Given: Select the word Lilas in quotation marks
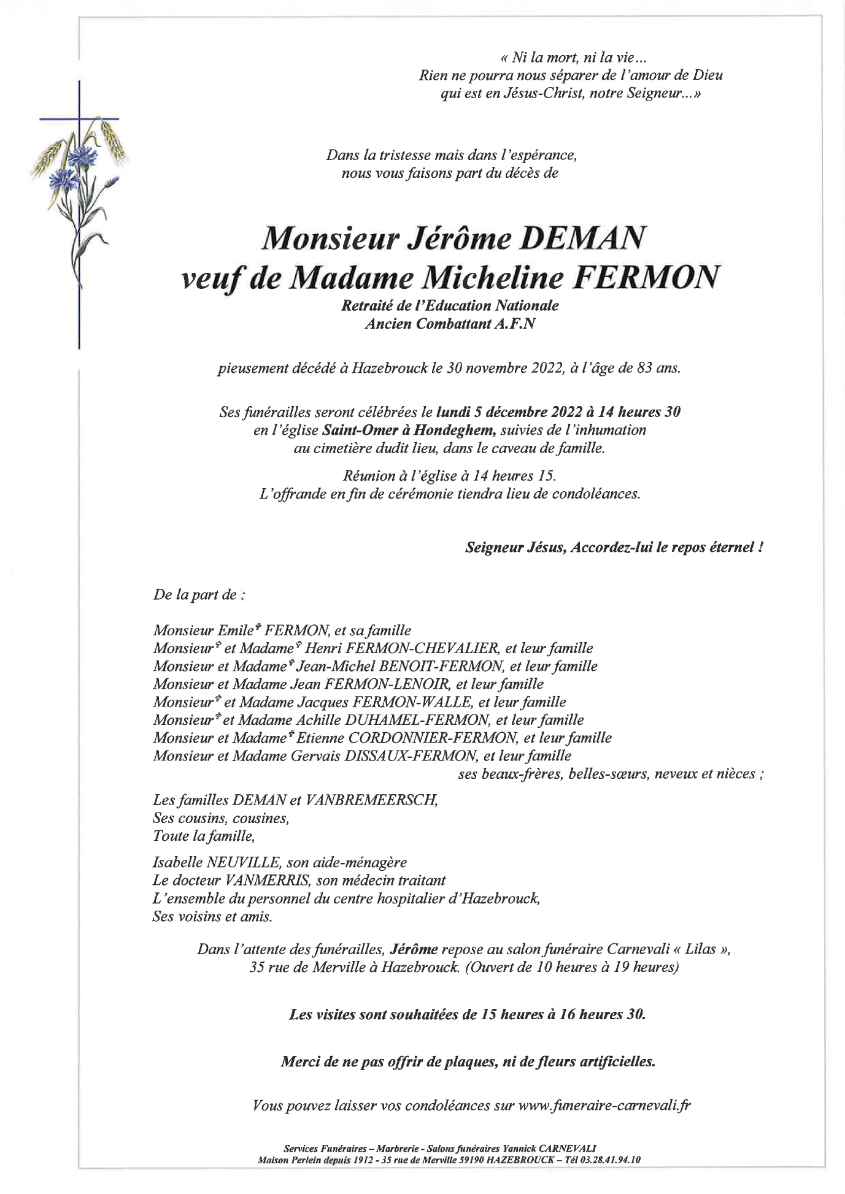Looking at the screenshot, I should (x=701, y=949).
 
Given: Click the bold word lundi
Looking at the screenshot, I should (x=453, y=412).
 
